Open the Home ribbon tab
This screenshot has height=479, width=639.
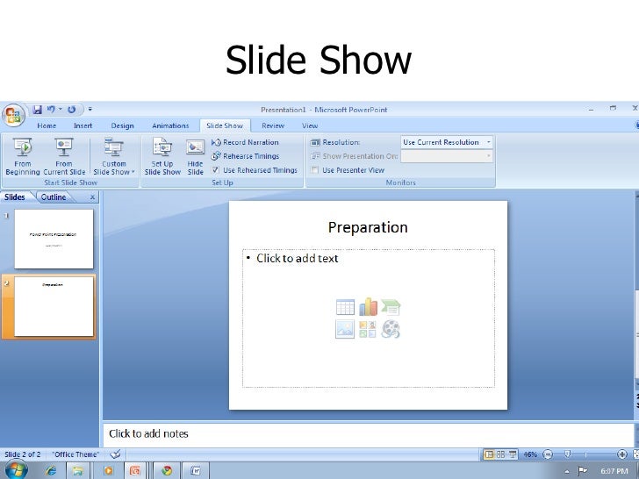[47, 125]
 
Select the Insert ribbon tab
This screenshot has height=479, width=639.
[83, 125]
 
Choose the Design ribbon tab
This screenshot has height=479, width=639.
[122, 125]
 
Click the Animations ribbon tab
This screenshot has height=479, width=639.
[170, 125]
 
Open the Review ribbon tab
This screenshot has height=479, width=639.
[273, 125]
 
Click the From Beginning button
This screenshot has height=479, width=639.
[22, 156]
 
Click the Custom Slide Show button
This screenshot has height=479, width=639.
[114, 156]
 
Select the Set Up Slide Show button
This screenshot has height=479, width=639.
[162, 156]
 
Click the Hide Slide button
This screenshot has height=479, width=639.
[195, 156]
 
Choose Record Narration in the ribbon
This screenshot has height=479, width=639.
[250, 142]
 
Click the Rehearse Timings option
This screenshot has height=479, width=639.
[250, 156]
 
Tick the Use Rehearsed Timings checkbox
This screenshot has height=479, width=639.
[216, 170]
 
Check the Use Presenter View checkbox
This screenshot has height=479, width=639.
[315, 170]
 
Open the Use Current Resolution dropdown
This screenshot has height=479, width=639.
[447, 142]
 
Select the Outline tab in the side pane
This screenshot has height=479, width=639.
[54, 197]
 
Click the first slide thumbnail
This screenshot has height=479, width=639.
[54, 239]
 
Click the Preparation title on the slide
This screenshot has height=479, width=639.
[368, 227]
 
